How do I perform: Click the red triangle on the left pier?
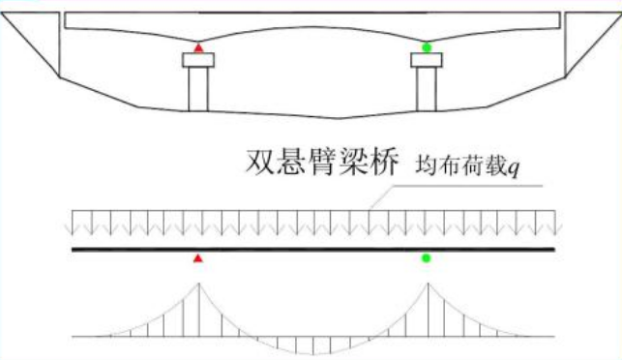tap(198, 47)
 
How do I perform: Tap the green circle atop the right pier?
tap(427, 47)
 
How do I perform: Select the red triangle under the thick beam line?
tap(198, 258)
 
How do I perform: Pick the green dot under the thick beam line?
tap(427, 258)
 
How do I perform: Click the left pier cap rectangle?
tap(198, 60)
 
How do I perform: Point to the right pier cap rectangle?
tap(427, 60)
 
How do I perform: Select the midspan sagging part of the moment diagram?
tap(311, 344)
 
